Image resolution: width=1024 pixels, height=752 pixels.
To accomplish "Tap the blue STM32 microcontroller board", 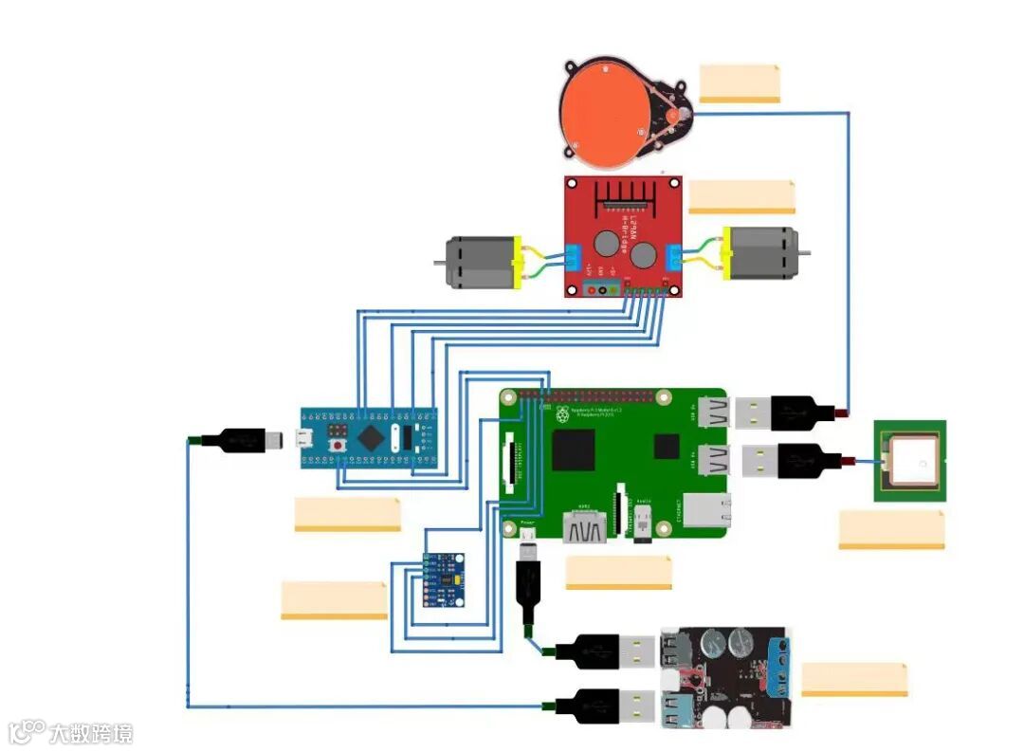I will click(x=370, y=437).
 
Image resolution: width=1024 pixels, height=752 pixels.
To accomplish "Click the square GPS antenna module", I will click(x=909, y=462).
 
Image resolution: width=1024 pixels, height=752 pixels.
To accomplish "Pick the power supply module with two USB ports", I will click(x=726, y=676).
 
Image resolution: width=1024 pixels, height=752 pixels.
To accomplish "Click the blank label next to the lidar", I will click(x=740, y=83).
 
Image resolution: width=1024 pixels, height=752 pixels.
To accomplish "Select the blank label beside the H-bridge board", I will click(x=741, y=196).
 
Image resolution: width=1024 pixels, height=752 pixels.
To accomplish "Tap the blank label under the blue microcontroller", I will click(x=347, y=513).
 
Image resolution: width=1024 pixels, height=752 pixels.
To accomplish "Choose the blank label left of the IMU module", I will click(x=334, y=600).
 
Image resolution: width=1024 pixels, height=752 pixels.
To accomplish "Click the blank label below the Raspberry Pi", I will click(x=618, y=572).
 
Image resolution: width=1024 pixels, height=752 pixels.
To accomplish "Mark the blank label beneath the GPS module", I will click(x=891, y=529).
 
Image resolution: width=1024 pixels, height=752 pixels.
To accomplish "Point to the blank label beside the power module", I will click(x=854, y=679).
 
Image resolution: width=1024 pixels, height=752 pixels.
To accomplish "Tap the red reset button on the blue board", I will click(x=337, y=445).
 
